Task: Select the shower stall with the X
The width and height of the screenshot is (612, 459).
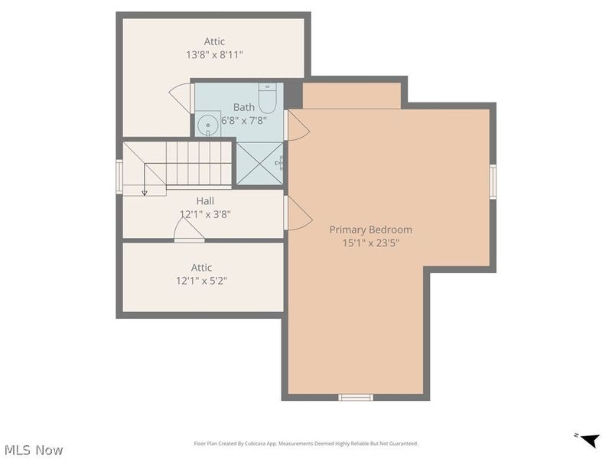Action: click(x=259, y=162)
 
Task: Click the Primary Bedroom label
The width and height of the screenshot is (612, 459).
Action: click(x=370, y=229)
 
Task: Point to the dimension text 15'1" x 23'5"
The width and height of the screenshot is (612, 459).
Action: click(x=370, y=243)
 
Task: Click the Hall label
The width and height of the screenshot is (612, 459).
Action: click(x=205, y=201)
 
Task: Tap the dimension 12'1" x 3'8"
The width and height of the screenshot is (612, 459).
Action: click(x=205, y=215)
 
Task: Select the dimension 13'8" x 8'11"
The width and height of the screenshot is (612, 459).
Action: click(x=214, y=55)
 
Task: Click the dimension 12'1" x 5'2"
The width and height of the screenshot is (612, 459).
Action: click(x=202, y=281)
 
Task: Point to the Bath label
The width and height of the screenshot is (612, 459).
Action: click(x=244, y=107)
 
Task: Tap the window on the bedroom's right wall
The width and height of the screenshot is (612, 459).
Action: click(x=493, y=181)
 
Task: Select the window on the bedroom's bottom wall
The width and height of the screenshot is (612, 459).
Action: click(x=356, y=397)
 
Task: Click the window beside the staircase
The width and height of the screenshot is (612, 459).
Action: click(x=119, y=177)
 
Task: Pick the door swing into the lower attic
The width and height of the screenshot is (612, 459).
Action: click(x=188, y=228)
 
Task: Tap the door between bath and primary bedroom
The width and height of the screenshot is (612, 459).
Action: click(x=296, y=125)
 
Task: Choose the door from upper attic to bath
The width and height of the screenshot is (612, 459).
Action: click(x=182, y=97)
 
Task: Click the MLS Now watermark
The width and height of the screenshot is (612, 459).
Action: click(x=34, y=450)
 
